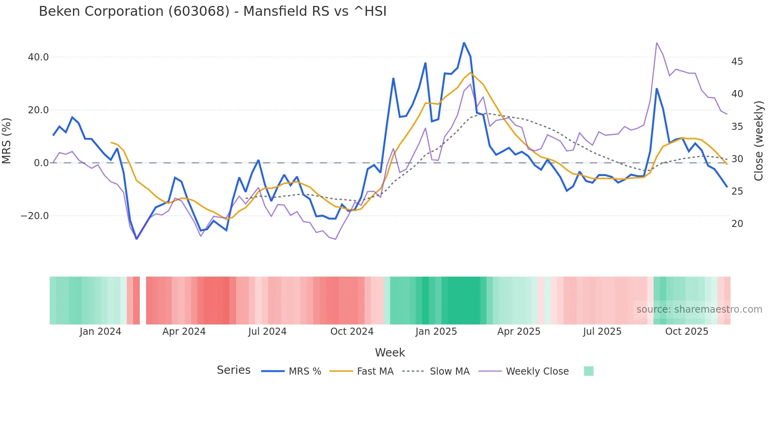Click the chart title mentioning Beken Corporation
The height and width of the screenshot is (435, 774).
tap(212, 11)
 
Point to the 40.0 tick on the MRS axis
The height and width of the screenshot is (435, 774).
tap(38, 57)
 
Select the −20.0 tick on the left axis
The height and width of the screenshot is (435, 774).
tap(35, 216)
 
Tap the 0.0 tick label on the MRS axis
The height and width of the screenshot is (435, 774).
tap(41, 163)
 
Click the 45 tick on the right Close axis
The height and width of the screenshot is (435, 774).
tap(737, 62)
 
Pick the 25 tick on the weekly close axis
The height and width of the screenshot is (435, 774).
tap(737, 191)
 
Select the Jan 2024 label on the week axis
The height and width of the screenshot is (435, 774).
tap(100, 332)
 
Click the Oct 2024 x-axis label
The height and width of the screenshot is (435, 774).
tap(352, 332)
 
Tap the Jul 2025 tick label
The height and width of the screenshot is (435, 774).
tap(602, 332)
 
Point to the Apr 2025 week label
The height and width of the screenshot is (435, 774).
tap(519, 332)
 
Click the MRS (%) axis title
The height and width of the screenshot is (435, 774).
tap(7, 141)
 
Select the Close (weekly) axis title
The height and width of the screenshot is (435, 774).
tap(759, 141)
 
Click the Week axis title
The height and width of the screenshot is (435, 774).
tap(390, 352)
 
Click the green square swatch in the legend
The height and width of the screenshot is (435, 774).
tap(588, 371)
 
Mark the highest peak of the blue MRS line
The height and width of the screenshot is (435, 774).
tap(464, 42)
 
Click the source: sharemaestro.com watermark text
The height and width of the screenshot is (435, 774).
tap(699, 309)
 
